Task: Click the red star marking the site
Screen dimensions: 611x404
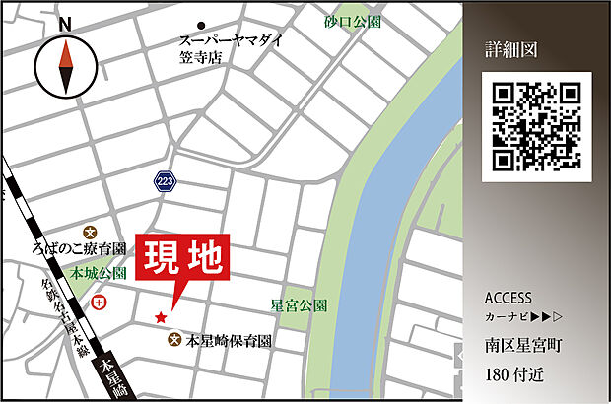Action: click(160, 317)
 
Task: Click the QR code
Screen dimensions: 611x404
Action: click(536, 126)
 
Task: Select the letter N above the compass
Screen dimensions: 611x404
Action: click(65, 24)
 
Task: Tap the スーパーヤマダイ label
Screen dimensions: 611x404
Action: click(231, 40)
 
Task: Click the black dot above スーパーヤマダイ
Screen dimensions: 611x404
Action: click(201, 25)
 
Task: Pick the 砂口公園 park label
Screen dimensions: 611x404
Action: click(352, 20)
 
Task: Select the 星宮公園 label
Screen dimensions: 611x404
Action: click(300, 305)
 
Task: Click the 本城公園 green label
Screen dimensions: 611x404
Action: click(98, 272)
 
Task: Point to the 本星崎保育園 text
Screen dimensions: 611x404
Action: click(228, 341)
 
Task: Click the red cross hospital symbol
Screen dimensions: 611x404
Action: click(99, 303)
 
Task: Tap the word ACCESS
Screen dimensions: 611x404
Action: click(509, 298)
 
